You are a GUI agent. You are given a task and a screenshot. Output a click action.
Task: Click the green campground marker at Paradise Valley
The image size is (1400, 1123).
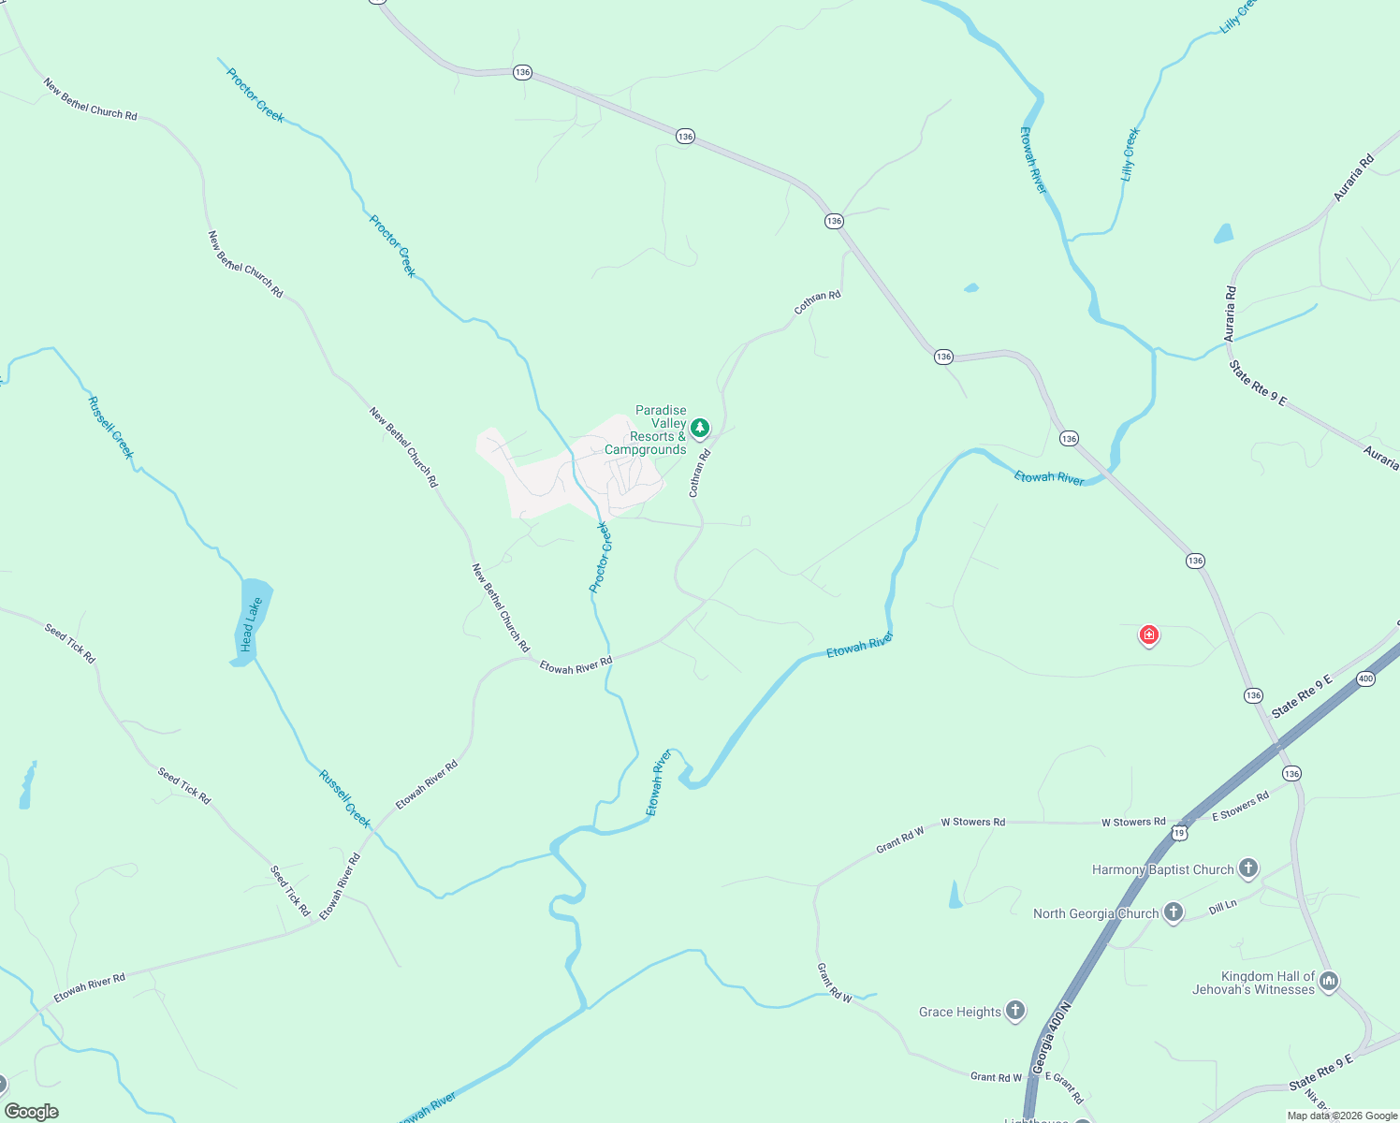click(699, 428)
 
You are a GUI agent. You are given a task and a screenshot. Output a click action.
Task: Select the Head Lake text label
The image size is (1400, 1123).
click(251, 624)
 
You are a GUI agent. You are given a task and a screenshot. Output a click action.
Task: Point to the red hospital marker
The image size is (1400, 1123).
click(1148, 635)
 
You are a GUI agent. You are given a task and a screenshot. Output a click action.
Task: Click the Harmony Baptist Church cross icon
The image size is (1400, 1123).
click(1247, 868)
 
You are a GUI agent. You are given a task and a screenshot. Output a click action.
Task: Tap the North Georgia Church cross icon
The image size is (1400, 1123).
click(1173, 912)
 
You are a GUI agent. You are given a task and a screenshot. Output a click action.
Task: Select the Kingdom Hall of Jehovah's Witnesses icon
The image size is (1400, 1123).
click(1329, 981)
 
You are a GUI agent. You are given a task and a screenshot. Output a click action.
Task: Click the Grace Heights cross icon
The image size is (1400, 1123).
click(1015, 1011)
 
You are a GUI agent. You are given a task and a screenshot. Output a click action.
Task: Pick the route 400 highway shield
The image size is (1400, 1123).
click(1365, 678)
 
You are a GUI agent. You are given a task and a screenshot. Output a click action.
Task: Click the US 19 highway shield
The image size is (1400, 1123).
click(1180, 831)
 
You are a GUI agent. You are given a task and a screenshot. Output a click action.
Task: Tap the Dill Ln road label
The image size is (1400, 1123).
click(1222, 908)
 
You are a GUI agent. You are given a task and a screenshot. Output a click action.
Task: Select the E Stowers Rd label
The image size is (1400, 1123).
click(1240, 806)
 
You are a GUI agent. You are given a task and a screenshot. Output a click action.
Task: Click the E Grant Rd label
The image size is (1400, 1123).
click(1065, 1087)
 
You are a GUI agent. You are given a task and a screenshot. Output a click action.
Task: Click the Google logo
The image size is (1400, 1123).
click(32, 1112)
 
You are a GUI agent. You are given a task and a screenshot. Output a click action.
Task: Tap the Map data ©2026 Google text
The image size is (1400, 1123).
click(1342, 1116)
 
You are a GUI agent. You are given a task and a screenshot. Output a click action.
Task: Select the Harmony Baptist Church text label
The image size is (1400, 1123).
click(1162, 869)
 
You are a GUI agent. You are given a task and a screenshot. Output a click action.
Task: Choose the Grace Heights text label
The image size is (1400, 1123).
click(959, 1012)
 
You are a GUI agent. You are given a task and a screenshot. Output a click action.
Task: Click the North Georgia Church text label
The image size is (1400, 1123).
click(1096, 913)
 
